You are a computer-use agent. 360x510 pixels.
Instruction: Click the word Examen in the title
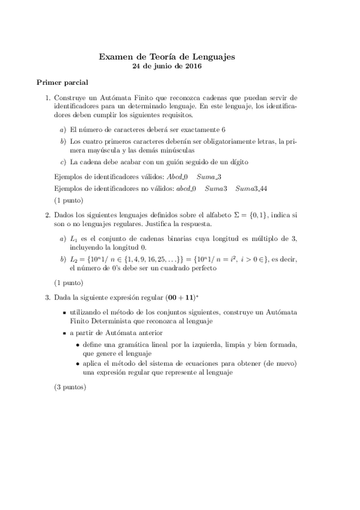pos(117,57)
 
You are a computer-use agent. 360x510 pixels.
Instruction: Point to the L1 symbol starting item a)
pos(74,239)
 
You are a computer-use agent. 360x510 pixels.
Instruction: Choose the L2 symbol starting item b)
pos(74,259)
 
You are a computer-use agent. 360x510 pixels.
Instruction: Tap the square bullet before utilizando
pos(64,313)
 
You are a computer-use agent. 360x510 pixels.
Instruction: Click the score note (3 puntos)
pos(70,387)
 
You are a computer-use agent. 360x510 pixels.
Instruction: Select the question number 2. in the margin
pos(48,214)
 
